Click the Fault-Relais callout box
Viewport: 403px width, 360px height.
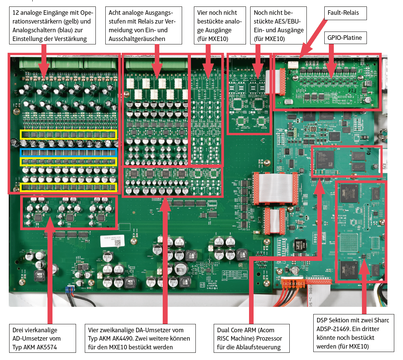(x=346, y=14)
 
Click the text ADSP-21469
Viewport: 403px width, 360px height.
(x=333, y=329)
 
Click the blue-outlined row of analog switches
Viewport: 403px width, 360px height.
(x=68, y=153)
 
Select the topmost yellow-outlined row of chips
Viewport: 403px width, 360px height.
(x=68, y=134)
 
